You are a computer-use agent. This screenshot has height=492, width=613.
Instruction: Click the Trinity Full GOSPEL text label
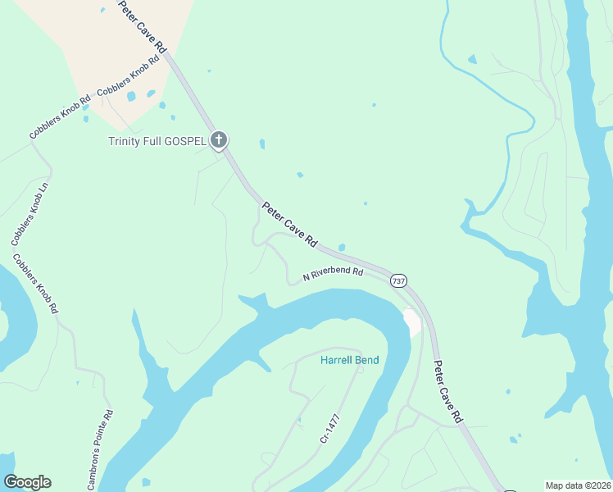click(x=157, y=141)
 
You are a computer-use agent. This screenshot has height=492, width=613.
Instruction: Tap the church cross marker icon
click(x=218, y=140)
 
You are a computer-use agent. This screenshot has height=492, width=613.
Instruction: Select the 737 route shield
click(x=398, y=280)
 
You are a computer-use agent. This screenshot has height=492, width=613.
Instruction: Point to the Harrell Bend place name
click(x=349, y=360)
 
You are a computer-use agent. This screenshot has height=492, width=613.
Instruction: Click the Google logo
click(x=27, y=482)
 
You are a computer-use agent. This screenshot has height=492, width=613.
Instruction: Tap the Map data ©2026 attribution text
click(x=579, y=485)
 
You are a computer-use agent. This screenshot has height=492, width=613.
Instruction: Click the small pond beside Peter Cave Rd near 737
click(x=341, y=248)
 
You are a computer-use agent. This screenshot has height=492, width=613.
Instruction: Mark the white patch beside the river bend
click(x=412, y=321)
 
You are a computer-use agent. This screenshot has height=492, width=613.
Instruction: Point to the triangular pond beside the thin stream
click(x=471, y=60)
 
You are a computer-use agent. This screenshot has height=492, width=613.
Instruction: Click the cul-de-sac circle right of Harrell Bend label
click(x=359, y=370)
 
